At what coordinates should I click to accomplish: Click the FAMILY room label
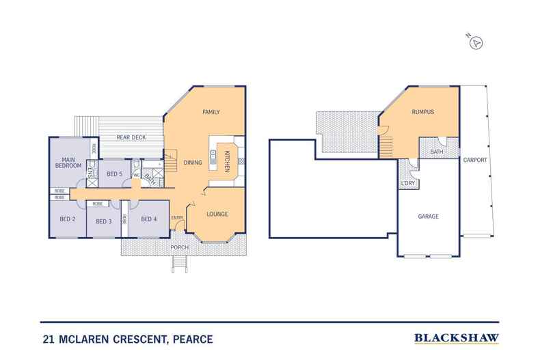(x=211, y=112)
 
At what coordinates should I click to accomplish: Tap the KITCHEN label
(x=228, y=161)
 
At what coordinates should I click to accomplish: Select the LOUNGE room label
(x=217, y=214)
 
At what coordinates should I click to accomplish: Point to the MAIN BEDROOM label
(x=68, y=163)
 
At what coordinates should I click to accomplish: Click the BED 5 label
(x=114, y=174)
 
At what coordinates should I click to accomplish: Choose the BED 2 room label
(x=68, y=219)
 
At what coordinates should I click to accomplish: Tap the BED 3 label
(x=104, y=221)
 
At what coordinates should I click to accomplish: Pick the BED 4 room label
(x=149, y=219)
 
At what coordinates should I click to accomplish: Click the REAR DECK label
(x=131, y=137)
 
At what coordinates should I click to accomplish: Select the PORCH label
(x=179, y=247)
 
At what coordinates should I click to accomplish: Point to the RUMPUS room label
(x=423, y=112)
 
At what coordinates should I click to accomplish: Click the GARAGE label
(x=429, y=216)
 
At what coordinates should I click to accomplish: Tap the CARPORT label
(x=475, y=160)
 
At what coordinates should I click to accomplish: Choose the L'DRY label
(x=408, y=183)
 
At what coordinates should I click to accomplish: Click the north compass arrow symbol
(x=476, y=43)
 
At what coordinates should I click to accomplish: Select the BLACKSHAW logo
(x=457, y=338)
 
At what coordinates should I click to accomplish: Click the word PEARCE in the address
(x=193, y=340)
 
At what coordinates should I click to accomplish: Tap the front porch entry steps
(x=180, y=264)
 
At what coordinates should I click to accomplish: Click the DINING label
(x=193, y=163)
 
